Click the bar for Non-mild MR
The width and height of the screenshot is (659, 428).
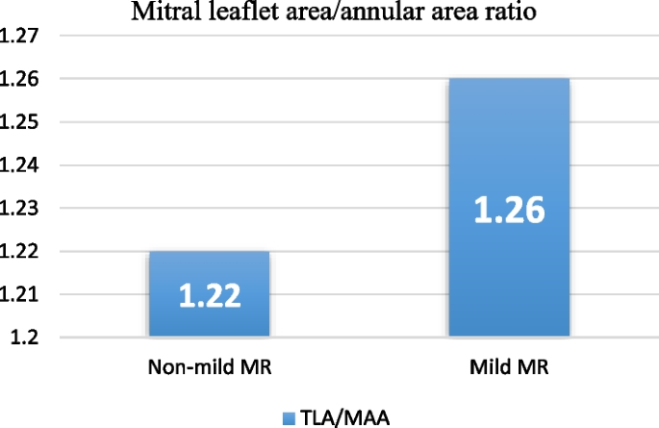point(208,294)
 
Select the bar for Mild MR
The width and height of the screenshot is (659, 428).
point(508,208)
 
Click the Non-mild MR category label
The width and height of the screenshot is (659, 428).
point(208,368)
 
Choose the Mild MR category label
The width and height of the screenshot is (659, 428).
point(508,368)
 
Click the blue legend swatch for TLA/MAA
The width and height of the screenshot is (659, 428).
point(287,416)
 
